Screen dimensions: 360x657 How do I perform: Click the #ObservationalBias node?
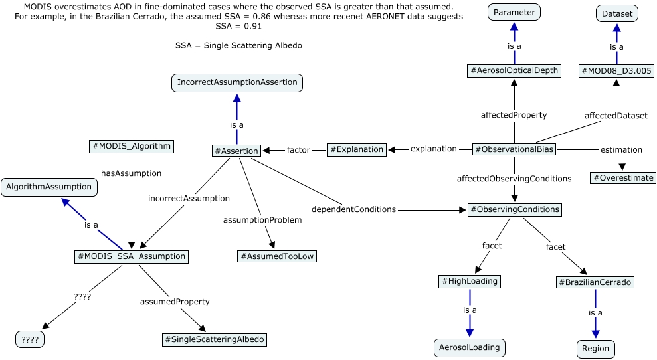tap(514, 149)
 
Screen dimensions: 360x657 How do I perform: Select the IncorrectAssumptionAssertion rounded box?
tap(236, 83)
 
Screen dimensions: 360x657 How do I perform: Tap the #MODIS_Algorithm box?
tap(131, 146)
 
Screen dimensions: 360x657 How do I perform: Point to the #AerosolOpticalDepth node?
tap(514, 70)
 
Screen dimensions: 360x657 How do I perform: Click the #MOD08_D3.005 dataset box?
tap(616, 70)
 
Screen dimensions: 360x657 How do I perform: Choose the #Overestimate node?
tap(623, 178)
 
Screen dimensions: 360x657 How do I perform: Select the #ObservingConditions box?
tap(514, 209)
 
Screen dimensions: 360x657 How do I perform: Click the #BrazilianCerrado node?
tap(595, 282)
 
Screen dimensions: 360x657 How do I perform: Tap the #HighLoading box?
tap(470, 281)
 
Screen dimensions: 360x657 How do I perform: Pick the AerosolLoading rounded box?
tap(470, 347)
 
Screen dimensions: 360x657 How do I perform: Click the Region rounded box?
tap(595, 349)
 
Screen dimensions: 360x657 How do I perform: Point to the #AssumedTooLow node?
tap(277, 256)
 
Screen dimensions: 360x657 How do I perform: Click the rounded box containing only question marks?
tap(31, 339)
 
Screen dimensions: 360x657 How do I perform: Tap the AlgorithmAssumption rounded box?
tap(49, 187)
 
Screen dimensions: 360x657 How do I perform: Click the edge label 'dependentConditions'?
tap(363, 209)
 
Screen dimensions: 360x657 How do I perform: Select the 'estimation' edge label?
tap(621, 149)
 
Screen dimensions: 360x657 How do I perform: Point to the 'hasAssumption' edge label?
tap(131, 173)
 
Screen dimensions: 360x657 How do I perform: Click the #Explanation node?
tap(357, 149)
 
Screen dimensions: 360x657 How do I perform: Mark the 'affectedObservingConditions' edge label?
tap(514, 179)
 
